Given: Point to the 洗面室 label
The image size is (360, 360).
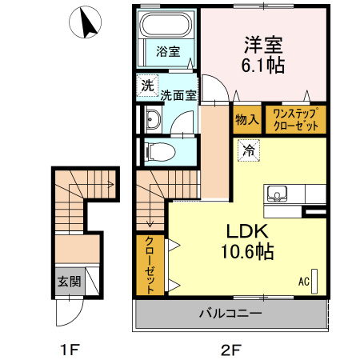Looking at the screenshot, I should click(178, 95).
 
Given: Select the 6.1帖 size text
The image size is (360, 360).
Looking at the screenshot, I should click(262, 63).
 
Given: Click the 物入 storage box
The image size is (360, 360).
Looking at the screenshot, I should click(246, 119).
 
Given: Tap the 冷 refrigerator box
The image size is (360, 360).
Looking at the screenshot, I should click(248, 150).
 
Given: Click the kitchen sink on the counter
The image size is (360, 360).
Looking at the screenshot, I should click(278, 193).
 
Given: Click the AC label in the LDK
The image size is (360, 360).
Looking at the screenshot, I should click(304, 281).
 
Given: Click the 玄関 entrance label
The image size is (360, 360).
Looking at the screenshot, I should click(68, 281).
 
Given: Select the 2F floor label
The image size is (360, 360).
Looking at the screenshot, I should click(230, 349).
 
